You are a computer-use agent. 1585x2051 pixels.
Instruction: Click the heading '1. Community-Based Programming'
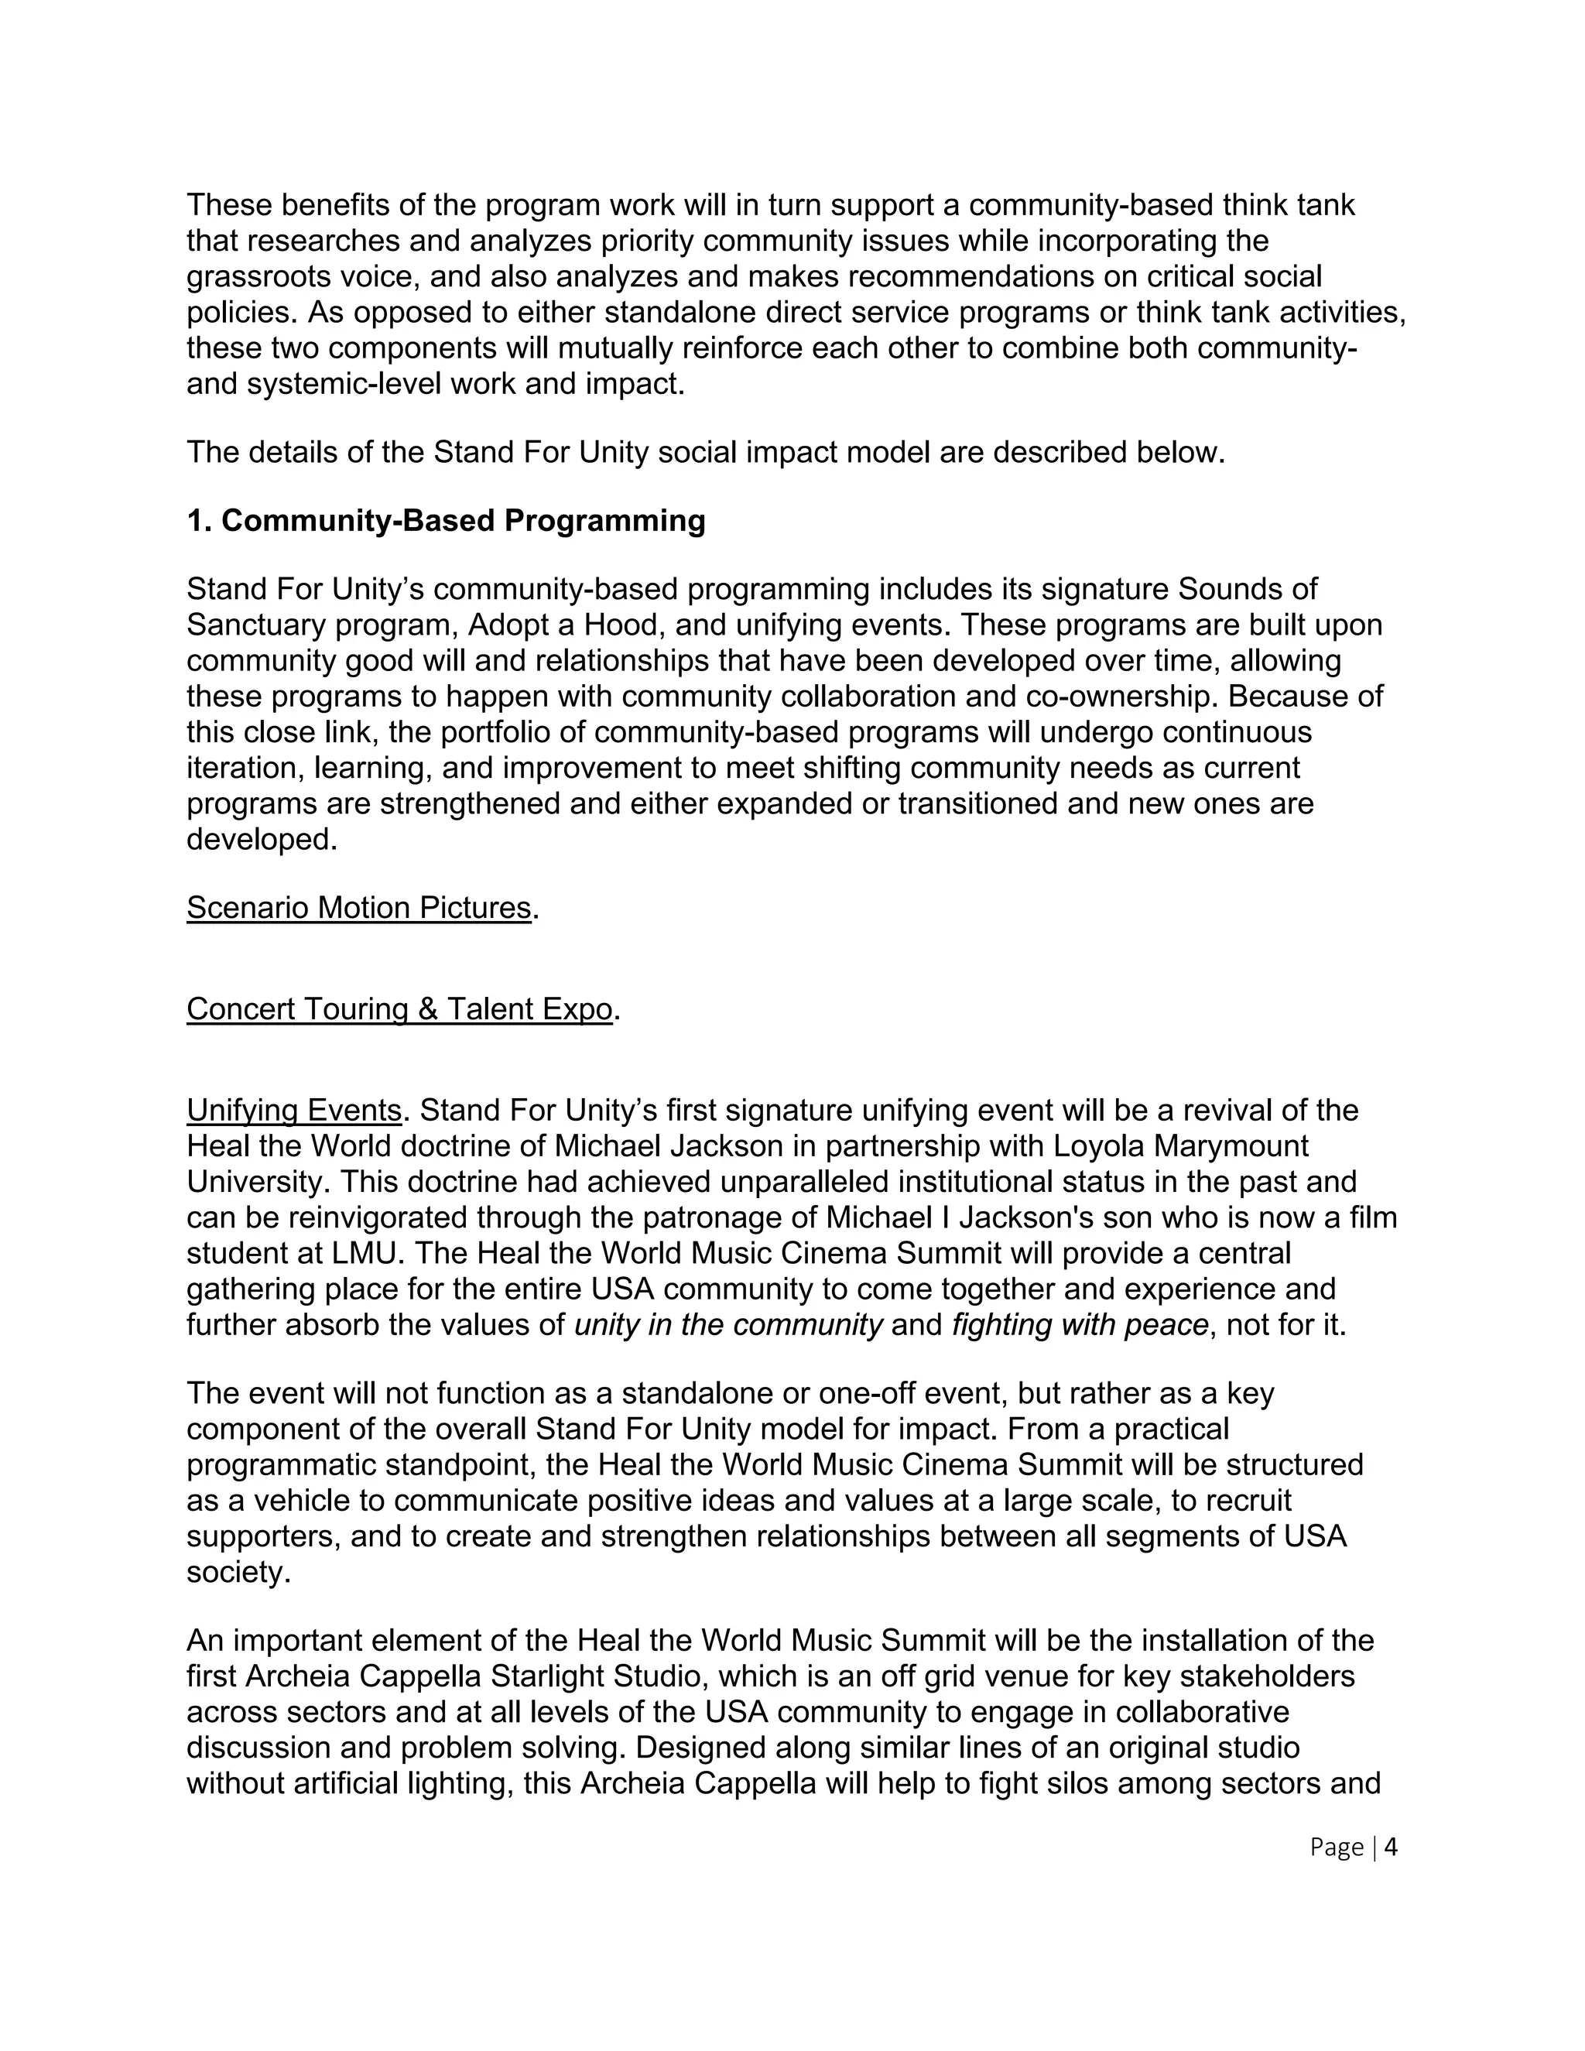tap(446, 521)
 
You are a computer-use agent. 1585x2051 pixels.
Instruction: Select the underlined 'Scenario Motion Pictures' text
tap(358, 908)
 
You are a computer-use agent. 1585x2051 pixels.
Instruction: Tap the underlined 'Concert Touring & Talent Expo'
tap(399, 1009)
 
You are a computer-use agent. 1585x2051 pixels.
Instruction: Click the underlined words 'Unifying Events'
tap(294, 1111)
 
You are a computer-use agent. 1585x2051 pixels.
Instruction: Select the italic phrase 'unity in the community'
tap(727, 1325)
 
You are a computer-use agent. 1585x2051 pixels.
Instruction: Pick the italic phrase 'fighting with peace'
tap(1080, 1325)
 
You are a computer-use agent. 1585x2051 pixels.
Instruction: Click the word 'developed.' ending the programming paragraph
tap(261, 840)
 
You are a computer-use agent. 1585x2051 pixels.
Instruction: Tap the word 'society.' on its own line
tap(238, 1573)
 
